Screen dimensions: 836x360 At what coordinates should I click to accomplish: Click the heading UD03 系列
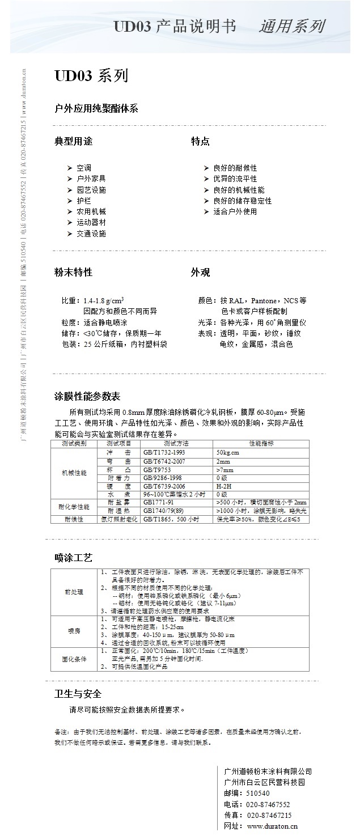coord(91,77)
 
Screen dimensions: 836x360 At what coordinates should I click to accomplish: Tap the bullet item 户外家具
coord(91,179)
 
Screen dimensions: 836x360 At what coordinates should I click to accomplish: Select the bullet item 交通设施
coord(91,234)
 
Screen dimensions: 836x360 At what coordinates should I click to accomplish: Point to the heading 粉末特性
coord(73,273)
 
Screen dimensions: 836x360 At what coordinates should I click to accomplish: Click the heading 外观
coord(200,273)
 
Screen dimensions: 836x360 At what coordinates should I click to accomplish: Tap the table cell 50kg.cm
coord(228,453)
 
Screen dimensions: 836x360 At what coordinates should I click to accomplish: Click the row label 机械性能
coord(74,473)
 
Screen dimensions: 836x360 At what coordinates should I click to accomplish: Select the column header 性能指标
coord(261,443)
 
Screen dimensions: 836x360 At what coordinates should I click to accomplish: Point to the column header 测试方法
coord(176,443)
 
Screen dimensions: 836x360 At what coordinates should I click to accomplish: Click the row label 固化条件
coord(74,659)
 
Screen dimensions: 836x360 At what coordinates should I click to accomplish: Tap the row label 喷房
coord(74,631)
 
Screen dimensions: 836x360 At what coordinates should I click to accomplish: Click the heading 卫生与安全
coord(78,694)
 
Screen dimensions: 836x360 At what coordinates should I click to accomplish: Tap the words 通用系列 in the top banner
coord(292,27)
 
